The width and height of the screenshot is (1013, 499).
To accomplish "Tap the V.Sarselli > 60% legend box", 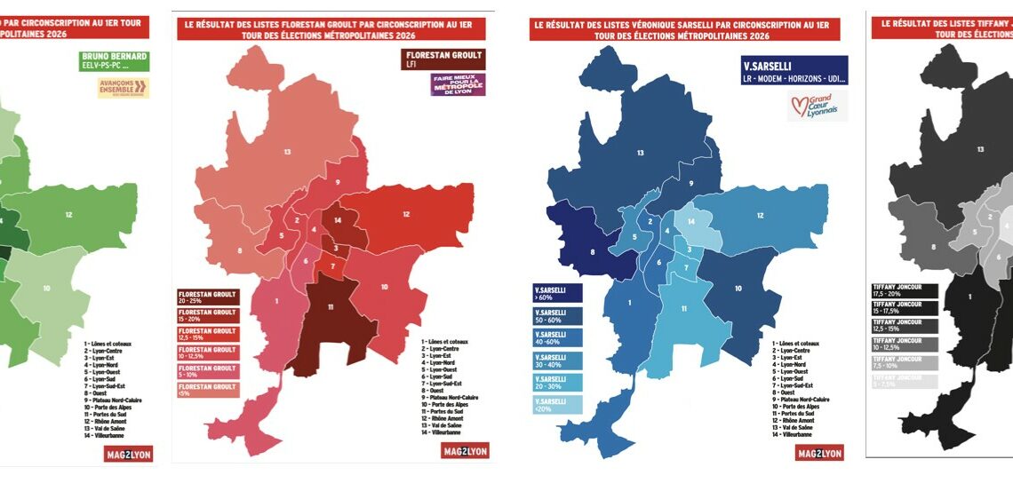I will (557, 293).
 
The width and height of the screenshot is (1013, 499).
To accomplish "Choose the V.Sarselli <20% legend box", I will (557, 405).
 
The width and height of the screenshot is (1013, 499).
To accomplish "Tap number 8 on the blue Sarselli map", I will (593, 251).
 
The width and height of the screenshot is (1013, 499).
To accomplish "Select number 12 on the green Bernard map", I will (68, 215).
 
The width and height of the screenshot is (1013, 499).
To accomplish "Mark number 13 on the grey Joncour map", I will (980, 150).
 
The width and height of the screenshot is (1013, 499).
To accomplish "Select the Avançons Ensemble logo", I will (124, 87).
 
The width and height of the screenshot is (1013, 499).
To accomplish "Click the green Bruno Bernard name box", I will (112, 61).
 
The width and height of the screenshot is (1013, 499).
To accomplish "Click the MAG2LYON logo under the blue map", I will (819, 453).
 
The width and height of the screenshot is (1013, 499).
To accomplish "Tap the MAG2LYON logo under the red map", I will (465, 451).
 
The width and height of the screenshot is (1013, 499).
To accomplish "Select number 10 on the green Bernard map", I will (46, 289).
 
